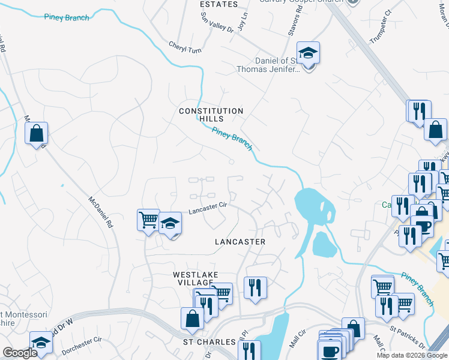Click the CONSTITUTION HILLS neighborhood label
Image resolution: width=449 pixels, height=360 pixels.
(211, 115)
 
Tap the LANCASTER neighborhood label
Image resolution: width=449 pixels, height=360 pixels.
(240, 241)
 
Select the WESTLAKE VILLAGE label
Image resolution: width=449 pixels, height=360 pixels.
(193, 278)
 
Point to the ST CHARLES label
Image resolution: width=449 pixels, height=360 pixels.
(209, 342)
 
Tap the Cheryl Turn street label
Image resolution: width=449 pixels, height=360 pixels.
(185, 46)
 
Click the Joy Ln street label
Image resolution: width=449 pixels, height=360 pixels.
(243, 25)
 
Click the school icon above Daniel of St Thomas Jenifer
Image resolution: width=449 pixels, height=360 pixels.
(308, 53)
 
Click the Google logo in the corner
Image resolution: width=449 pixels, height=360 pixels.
(20, 353)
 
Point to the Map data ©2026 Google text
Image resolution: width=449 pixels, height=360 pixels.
(411, 355)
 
